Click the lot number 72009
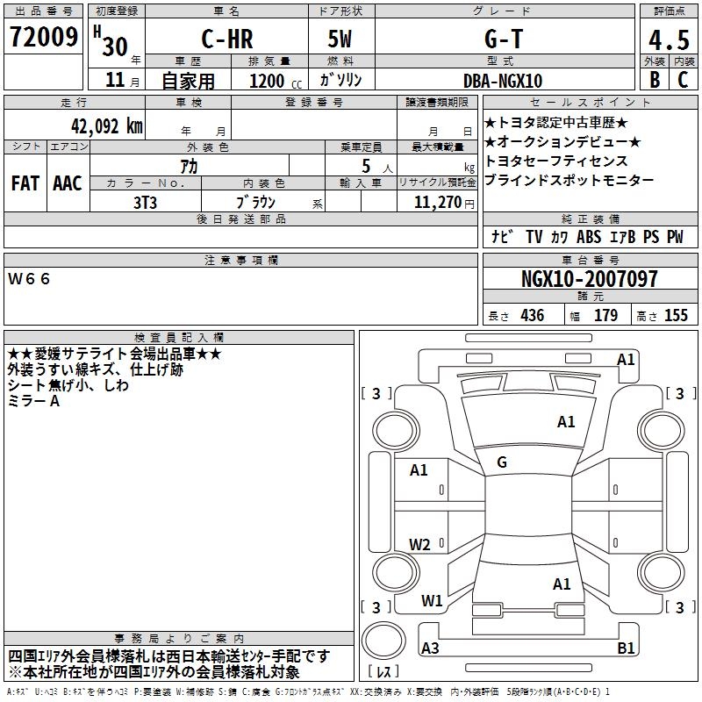[x=44, y=37]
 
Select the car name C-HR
[x=227, y=39]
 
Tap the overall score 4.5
[x=669, y=40]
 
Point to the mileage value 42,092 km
[x=107, y=126]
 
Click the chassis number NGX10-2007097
[x=590, y=279]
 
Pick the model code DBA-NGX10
[x=503, y=81]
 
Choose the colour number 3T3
[x=145, y=203]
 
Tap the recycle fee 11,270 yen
[x=444, y=203]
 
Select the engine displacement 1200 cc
[x=276, y=81]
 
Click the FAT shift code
[x=25, y=183]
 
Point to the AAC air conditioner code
[x=68, y=183]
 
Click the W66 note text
[x=29, y=279]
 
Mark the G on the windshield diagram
[x=502, y=462]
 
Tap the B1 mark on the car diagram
[x=626, y=648]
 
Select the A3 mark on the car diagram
[x=430, y=648]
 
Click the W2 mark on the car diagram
[x=419, y=544]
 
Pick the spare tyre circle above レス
[x=383, y=641]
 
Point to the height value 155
[x=676, y=315]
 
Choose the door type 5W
[x=340, y=39]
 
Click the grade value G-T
[x=504, y=39]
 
